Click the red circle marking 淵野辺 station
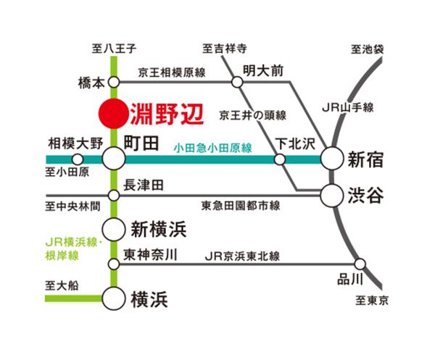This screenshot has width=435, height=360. pos(112,114)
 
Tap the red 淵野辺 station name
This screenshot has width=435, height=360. pos(164,114)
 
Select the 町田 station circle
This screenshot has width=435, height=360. pos(113,159)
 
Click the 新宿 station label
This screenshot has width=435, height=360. pos(365,159)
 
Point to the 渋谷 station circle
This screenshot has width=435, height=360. pos(332,195)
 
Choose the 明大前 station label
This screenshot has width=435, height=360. pos(262,71)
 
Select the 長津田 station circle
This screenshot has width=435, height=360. pos(113,196)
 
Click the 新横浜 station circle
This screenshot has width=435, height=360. pos(113,228)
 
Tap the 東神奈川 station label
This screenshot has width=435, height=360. pos(151,255)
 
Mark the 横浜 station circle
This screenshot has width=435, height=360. pos(113,297)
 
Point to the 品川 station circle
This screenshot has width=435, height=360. pos(360,264)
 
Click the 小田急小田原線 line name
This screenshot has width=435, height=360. pos(212,148)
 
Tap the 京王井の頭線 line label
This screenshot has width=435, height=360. pos(254,114)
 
